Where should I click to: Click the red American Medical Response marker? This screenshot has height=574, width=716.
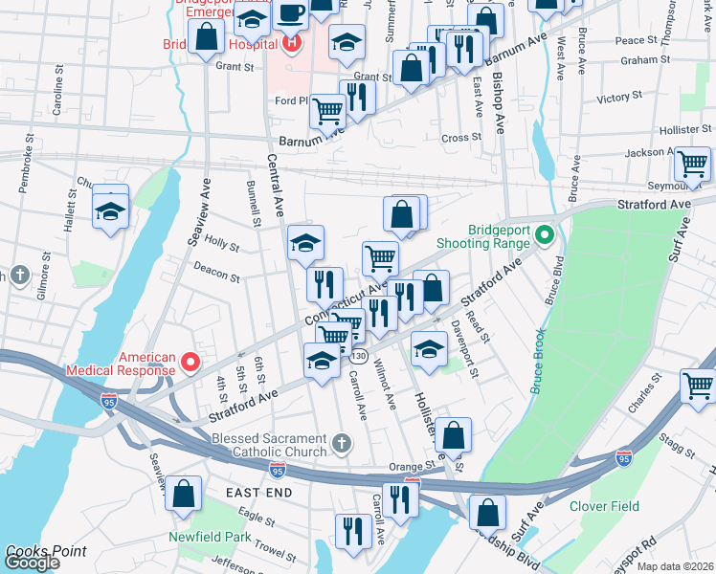click(x=190, y=362)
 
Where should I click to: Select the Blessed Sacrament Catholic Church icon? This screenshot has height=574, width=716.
click(x=344, y=443)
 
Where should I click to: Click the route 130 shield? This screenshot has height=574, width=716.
click(x=358, y=356)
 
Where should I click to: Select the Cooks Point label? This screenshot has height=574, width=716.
click(x=46, y=551)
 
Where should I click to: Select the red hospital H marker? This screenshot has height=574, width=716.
click(x=291, y=43)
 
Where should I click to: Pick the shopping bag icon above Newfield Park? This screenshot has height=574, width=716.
click(x=184, y=494)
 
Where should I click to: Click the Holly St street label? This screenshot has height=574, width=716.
click(x=221, y=246)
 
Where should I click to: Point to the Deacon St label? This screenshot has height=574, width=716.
click(x=216, y=276)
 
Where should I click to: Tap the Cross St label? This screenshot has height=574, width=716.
click(x=461, y=138)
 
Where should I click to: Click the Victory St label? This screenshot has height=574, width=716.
click(x=618, y=98)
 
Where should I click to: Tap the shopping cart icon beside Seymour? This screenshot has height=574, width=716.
click(x=692, y=165)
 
